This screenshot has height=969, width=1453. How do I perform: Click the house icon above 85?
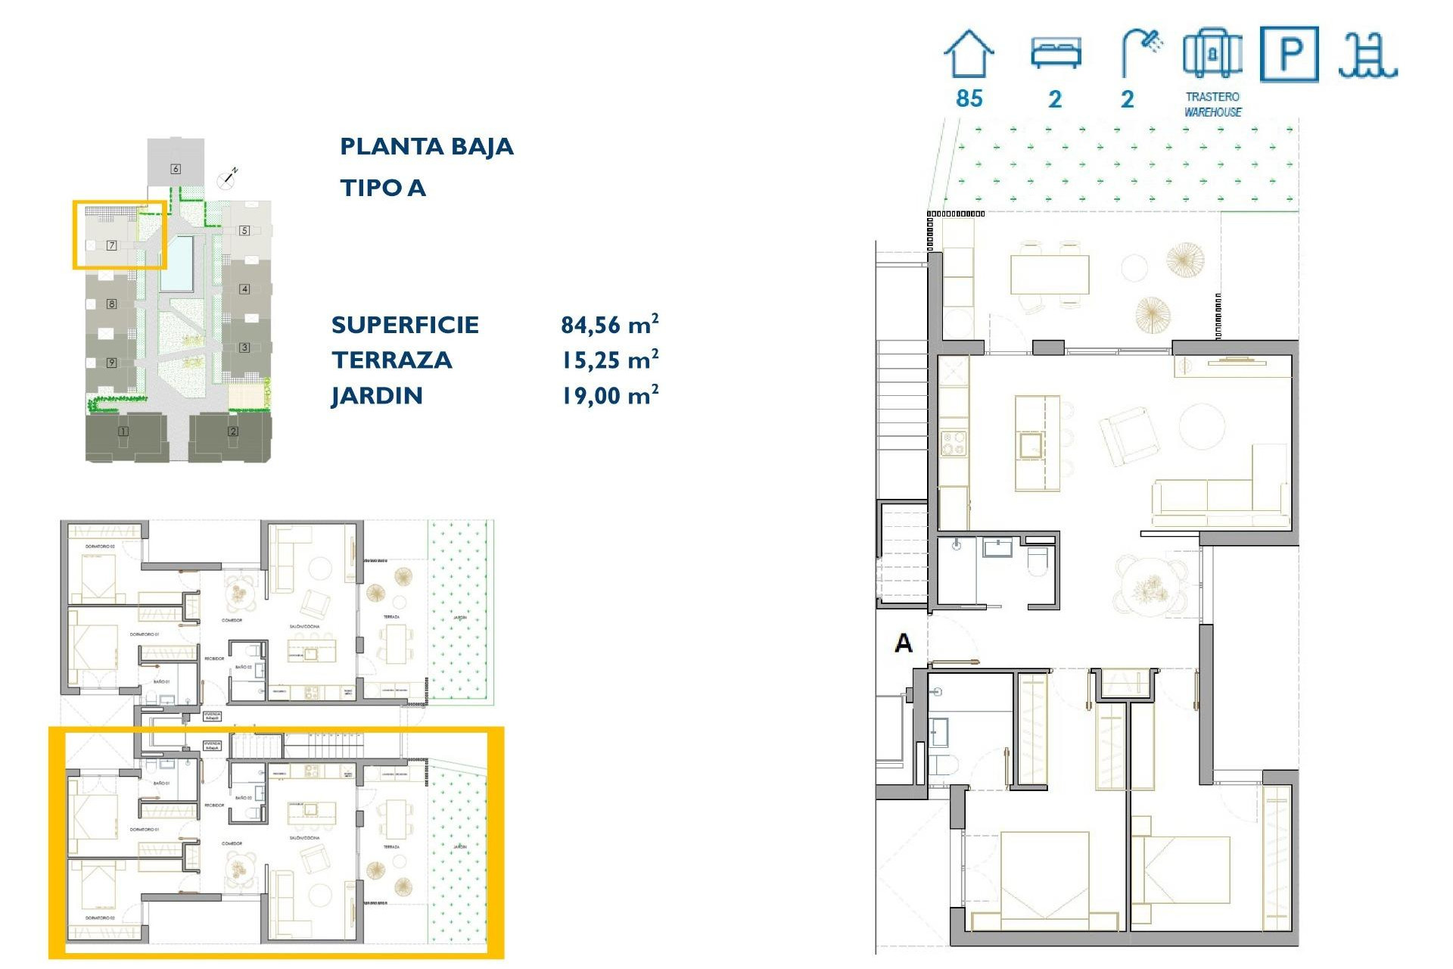click(x=969, y=55)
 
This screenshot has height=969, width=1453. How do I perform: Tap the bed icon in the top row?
click(x=1056, y=54)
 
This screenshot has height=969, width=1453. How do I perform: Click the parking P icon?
click(x=1290, y=54)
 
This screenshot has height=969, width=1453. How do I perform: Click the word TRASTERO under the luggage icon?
click(x=1212, y=97)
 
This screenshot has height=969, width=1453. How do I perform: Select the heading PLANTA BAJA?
click(x=426, y=146)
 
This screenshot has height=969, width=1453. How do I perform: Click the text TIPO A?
click(x=383, y=188)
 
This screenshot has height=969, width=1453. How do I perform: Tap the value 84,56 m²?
click(x=609, y=325)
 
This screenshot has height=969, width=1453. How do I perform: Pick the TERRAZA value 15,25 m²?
click(x=609, y=360)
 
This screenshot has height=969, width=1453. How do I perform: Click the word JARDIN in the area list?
click(x=376, y=396)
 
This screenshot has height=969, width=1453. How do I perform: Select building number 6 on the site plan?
click(x=176, y=169)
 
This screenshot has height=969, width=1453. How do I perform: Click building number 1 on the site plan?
click(x=123, y=432)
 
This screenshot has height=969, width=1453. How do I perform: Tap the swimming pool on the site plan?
click(x=176, y=263)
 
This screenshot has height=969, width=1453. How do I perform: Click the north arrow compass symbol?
click(x=227, y=179)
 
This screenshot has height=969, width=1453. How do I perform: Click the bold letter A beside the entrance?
click(x=904, y=643)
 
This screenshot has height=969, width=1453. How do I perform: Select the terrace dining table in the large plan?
click(x=1050, y=274)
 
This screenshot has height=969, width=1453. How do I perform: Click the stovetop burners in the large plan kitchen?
click(x=953, y=443)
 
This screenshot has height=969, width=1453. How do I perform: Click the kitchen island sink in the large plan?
click(x=1031, y=445)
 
